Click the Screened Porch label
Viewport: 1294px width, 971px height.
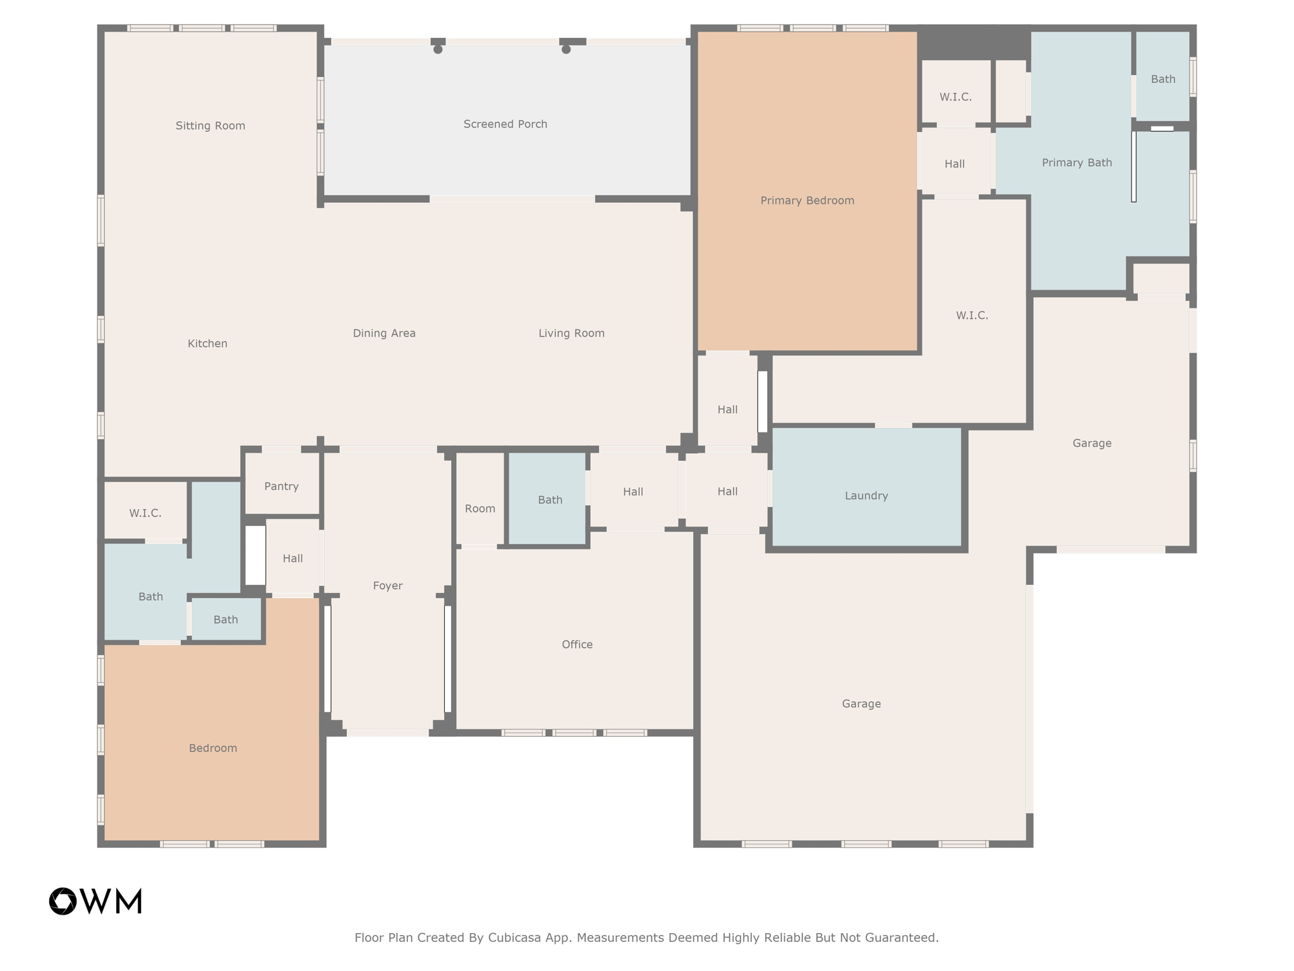(505, 124)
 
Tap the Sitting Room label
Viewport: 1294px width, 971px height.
(210, 126)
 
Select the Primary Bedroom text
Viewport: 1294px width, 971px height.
(807, 200)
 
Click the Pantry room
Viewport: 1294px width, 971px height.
(281, 486)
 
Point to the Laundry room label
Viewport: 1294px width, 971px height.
(866, 496)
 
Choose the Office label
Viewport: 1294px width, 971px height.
(577, 644)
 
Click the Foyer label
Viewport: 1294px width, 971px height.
(387, 585)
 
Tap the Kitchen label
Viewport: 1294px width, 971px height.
(207, 343)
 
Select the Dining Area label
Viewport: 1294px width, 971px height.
(384, 333)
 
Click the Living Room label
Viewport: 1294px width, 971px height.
(571, 333)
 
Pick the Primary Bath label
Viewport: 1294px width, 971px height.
(1077, 162)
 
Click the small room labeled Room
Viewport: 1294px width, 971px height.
(480, 508)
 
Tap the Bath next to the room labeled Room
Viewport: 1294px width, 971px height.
(550, 499)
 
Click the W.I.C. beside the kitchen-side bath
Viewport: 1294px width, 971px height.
(145, 513)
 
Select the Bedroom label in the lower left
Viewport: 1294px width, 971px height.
(213, 748)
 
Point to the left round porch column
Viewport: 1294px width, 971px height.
(438, 49)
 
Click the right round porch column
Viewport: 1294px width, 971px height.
(566, 49)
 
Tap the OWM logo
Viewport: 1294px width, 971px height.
(95, 901)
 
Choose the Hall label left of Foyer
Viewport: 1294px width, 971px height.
(293, 558)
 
